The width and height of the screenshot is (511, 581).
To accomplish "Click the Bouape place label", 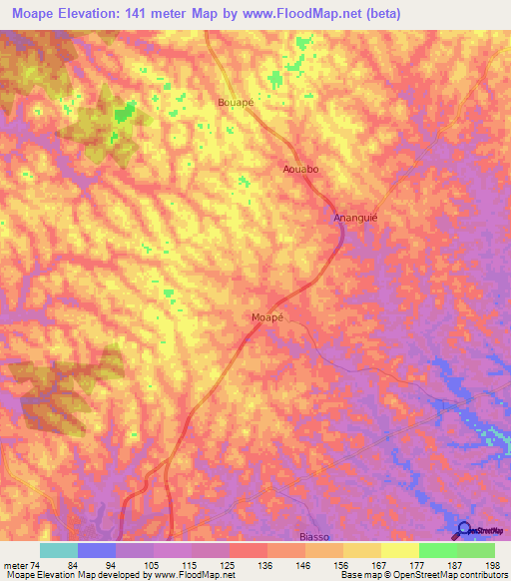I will click(x=237, y=102).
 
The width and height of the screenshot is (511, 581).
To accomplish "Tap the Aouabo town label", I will click(x=300, y=170).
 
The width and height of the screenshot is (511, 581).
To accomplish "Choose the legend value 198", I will click(x=492, y=564).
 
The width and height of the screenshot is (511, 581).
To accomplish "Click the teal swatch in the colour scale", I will click(x=59, y=550).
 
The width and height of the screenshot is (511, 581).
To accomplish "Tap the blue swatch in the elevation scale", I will click(x=97, y=550).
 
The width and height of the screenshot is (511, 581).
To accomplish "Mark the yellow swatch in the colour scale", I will click(x=399, y=550).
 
